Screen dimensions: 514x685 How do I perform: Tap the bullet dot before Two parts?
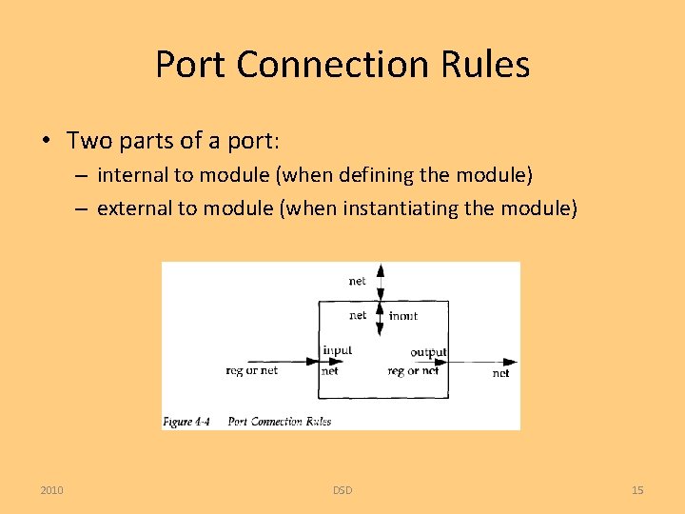click(x=46, y=142)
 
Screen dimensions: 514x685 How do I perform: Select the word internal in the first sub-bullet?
click(x=130, y=175)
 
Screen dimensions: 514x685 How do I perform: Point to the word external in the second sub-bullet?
click(x=131, y=208)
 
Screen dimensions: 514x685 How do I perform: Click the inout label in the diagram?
click(x=403, y=315)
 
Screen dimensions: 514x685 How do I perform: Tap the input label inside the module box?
click(x=337, y=350)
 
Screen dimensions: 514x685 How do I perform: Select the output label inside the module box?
click(x=428, y=351)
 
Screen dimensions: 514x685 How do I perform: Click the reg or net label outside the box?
click(x=252, y=370)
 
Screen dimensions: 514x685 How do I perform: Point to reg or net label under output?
click(x=414, y=371)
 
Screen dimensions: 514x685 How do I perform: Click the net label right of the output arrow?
click(x=500, y=373)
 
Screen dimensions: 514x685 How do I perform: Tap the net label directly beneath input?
click(x=330, y=371)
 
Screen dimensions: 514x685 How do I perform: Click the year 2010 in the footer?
click(x=52, y=490)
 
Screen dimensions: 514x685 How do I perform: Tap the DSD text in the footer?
click(x=342, y=490)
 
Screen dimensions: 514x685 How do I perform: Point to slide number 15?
click(x=637, y=490)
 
